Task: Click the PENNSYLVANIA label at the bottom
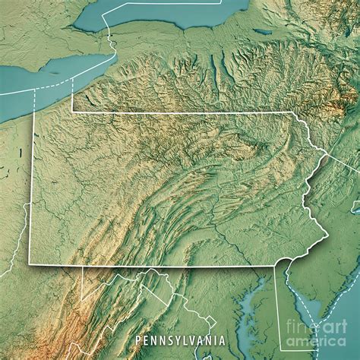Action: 180,341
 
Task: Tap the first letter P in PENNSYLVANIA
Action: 137,341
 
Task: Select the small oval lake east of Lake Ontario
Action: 263,32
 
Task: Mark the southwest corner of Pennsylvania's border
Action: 30,264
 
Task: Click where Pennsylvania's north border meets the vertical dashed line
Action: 72,112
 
